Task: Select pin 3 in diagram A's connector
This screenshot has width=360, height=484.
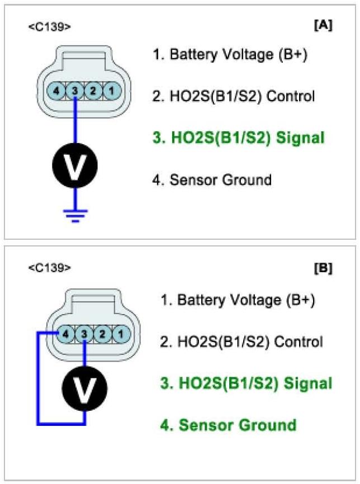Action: [75, 89]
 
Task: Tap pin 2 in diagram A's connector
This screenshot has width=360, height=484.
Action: [94, 89]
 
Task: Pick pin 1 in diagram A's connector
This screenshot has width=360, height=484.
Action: [112, 89]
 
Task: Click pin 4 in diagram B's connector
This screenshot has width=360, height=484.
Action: [65, 334]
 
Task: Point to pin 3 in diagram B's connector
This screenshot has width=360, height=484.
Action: [83, 334]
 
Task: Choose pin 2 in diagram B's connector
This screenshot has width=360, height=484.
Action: [102, 334]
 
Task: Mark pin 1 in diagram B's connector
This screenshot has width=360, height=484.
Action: [120, 334]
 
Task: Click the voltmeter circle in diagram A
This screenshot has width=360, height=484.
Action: [75, 165]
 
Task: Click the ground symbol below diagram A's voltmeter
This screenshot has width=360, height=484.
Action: [75, 215]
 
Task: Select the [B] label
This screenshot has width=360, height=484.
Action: [323, 268]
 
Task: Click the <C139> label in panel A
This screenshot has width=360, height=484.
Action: [49, 26]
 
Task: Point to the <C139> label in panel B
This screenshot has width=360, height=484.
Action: [49, 268]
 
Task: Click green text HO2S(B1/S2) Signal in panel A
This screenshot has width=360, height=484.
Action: [239, 137]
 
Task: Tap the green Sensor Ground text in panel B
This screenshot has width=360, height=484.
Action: [229, 425]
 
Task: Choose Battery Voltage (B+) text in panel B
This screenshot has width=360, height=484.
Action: [238, 300]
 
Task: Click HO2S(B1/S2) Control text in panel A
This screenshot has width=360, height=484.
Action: [234, 96]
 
